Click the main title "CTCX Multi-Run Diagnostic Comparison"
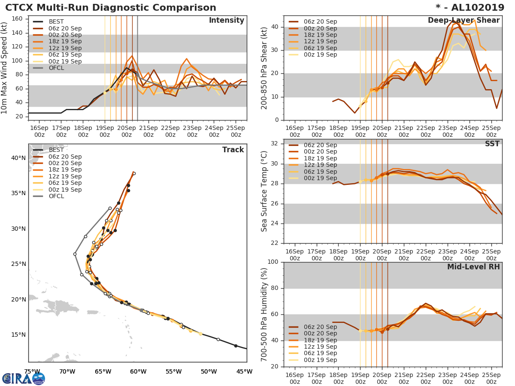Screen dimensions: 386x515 click(x=111, y=8)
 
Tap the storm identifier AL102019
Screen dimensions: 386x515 click(x=475, y=8)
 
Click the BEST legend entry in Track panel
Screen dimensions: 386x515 click(x=56, y=150)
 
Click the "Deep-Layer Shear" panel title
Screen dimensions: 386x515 click(x=463, y=21)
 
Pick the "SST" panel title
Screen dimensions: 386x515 click(x=492, y=144)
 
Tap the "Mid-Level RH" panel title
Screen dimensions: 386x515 click(x=473, y=267)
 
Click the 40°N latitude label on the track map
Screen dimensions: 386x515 click(x=18, y=158)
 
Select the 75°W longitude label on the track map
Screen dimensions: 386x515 click(x=32, y=371)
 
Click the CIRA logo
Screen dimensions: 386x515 click(x=24, y=378)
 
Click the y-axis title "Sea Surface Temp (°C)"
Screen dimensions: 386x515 click(x=265, y=191)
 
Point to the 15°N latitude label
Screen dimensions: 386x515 click(x=18, y=335)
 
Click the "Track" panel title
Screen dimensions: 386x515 click(x=233, y=150)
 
